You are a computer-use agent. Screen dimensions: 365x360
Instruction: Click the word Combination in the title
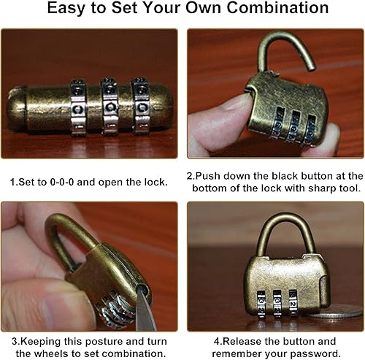(x=277, y=8)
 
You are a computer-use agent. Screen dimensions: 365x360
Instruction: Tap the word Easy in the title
(x=66, y=9)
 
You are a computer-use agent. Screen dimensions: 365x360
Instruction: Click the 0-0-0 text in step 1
(x=62, y=182)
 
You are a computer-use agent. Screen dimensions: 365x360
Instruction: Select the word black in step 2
(x=285, y=176)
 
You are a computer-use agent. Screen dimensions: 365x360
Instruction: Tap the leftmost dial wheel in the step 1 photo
(x=78, y=107)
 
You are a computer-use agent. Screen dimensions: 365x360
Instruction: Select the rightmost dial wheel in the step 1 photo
(x=140, y=106)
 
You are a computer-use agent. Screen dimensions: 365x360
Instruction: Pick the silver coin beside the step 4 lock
(x=337, y=312)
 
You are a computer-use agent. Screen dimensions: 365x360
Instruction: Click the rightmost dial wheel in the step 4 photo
(x=293, y=302)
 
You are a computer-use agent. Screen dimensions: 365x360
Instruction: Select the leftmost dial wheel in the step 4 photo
(x=261, y=305)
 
